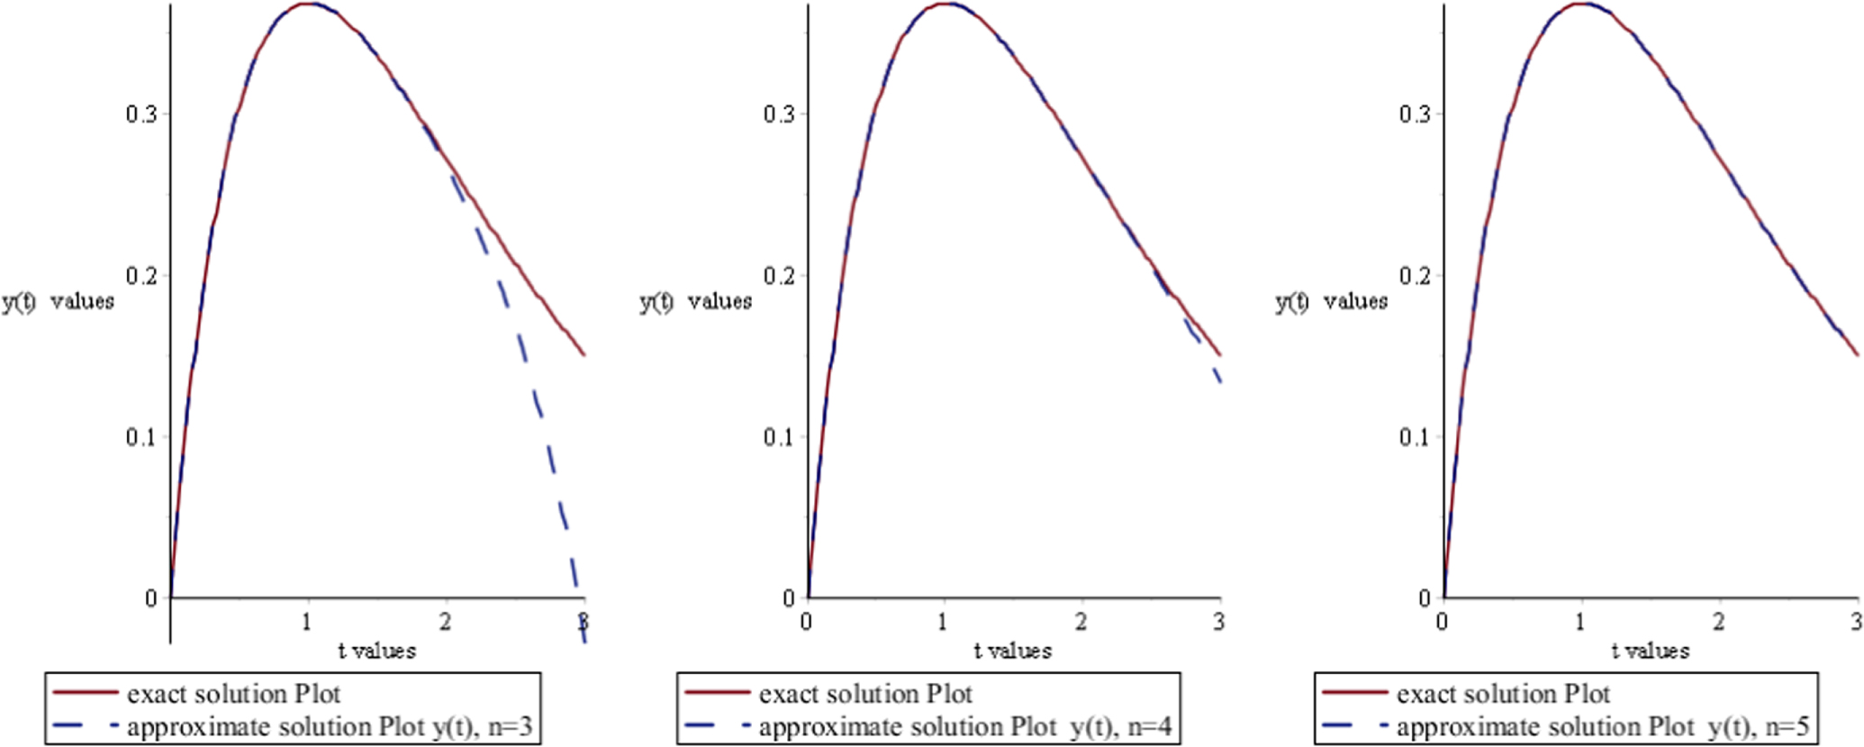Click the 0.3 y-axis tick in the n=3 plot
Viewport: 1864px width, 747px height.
(x=140, y=114)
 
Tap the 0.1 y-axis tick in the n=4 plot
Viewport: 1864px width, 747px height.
(x=778, y=437)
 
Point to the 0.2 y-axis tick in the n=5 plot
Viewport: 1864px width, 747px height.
(x=1415, y=276)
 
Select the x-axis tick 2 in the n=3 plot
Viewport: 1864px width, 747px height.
(x=446, y=622)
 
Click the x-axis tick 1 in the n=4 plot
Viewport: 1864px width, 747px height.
(x=943, y=622)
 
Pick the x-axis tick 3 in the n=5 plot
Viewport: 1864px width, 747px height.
(x=1856, y=622)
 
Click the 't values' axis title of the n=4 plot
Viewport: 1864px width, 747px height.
(x=1012, y=651)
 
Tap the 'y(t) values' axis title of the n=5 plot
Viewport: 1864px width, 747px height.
(x=1331, y=301)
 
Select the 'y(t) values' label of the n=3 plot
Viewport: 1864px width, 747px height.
(x=58, y=301)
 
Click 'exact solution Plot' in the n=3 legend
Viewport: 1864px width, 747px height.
(x=234, y=694)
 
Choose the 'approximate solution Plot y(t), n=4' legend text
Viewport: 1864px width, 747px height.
(x=965, y=727)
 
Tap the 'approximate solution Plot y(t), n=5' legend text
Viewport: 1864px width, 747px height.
(x=1603, y=727)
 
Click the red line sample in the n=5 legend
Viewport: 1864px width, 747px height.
(x=1354, y=693)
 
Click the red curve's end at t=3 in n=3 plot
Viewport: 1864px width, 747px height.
(x=584, y=355)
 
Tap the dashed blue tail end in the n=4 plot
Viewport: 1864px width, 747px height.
(x=1220, y=382)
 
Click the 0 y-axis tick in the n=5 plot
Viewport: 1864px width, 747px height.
(x=1424, y=598)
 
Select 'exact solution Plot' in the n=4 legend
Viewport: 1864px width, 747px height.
(x=865, y=694)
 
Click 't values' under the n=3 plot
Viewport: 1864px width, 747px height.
(x=377, y=651)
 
